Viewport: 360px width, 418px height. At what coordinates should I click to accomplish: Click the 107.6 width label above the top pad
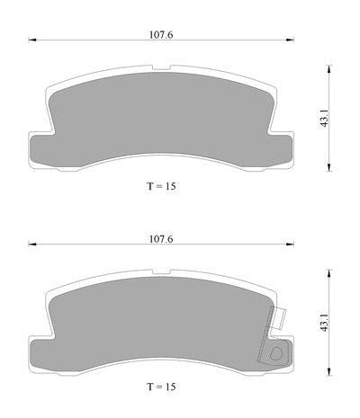pyautogui.click(x=161, y=35)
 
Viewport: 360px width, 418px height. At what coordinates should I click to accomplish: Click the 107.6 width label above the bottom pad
pyautogui.click(x=161, y=239)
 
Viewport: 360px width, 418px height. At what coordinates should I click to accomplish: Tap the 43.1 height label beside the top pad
pyautogui.click(x=323, y=119)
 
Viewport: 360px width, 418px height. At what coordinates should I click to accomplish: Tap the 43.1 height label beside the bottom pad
pyautogui.click(x=323, y=323)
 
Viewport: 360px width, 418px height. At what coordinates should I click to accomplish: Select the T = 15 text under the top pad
pyautogui.click(x=161, y=186)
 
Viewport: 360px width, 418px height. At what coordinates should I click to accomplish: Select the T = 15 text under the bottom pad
pyautogui.click(x=161, y=387)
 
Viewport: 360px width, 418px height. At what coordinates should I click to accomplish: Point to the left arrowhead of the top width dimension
pyautogui.click(x=32, y=40)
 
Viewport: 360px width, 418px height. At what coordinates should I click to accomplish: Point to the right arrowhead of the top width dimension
pyautogui.click(x=290, y=40)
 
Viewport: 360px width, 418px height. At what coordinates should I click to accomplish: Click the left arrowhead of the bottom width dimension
pyautogui.click(x=32, y=245)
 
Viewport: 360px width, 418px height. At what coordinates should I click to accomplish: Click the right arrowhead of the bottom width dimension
pyautogui.click(x=290, y=245)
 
